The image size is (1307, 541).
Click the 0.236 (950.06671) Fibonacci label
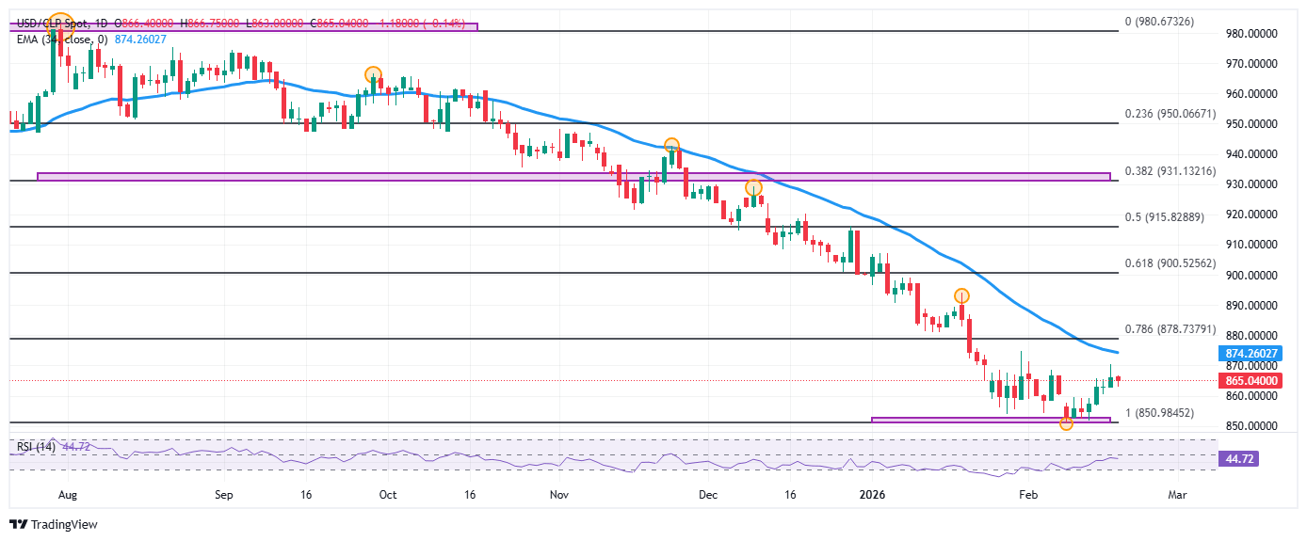point(1171,114)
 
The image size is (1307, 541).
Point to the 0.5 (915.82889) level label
point(1166,217)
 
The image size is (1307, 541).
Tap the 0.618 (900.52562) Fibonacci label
point(1171,263)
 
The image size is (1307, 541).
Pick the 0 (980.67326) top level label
point(1159,21)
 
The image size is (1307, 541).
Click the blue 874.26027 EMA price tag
point(1250,354)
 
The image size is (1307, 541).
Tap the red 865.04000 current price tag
point(1250,381)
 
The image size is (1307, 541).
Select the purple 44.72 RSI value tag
point(1242,459)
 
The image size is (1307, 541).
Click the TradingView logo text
point(54,525)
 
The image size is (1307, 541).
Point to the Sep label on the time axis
point(223,493)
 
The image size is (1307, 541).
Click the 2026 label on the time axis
point(873,493)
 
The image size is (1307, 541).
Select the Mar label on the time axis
point(1176,493)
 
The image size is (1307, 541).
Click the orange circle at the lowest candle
point(1066,424)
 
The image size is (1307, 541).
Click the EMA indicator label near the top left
point(56,38)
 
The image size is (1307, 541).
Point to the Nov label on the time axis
point(559,493)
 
